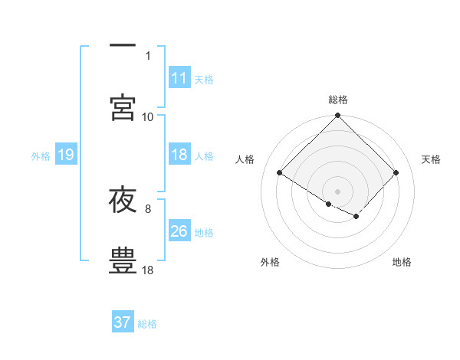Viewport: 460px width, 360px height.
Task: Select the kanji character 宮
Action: [123, 107]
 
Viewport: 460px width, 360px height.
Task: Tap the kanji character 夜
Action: [123, 200]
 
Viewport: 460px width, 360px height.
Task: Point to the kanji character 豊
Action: [123, 259]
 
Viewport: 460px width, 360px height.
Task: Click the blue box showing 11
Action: [179, 78]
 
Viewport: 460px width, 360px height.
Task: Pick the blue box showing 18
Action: [179, 155]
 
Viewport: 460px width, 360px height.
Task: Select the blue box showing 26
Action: [179, 231]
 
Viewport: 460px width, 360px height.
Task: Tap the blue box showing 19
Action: [66, 155]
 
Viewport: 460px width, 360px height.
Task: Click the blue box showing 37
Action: [123, 322]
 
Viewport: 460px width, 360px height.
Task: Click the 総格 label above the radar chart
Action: [338, 100]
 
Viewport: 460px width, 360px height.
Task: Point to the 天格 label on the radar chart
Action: [431, 159]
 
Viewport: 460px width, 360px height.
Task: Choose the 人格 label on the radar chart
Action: [245, 159]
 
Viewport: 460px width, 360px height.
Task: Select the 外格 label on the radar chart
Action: [270, 262]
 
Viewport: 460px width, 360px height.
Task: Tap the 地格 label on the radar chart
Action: [402, 262]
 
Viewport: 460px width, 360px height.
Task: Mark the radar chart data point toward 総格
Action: [338, 116]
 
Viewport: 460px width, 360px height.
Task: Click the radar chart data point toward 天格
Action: [396, 173]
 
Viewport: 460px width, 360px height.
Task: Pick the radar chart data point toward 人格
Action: [280, 173]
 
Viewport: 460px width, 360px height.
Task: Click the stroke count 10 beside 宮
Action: [148, 116]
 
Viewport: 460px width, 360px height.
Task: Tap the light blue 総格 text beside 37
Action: [148, 324]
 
